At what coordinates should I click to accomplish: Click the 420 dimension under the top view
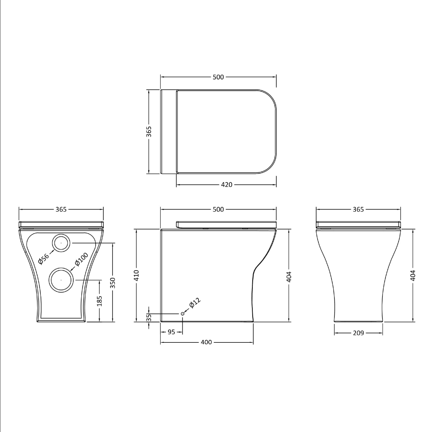point(227,185)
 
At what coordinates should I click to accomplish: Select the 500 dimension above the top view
point(218,77)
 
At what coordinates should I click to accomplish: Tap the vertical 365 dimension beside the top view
point(149,131)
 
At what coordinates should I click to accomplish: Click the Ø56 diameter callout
point(44,259)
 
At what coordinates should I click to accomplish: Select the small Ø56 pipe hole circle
point(61,243)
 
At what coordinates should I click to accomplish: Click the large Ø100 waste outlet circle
point(61,280)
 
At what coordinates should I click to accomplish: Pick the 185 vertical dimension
point(100,300)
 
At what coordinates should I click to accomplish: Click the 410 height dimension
point(136,275)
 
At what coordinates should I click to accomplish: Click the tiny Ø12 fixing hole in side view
point(183,314)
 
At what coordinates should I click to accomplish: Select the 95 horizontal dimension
point(171,332)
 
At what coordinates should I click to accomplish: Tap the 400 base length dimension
point(206,342)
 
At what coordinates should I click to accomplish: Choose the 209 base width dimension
point(358,333)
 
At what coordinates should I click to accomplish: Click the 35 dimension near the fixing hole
point(149,317)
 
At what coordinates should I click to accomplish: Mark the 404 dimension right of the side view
point(289,276)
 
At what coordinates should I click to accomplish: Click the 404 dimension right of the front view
point(413,275)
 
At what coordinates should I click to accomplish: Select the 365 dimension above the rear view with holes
point(61,209)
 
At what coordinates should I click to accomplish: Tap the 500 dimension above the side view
point(218,209)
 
